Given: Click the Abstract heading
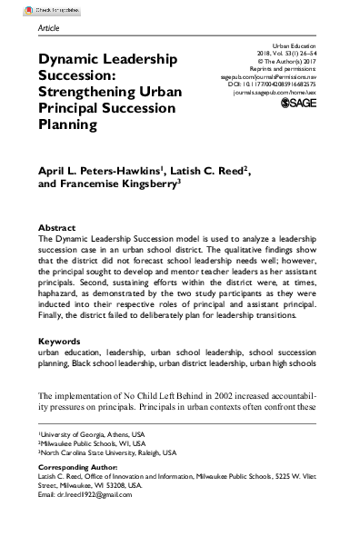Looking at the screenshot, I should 57,228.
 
